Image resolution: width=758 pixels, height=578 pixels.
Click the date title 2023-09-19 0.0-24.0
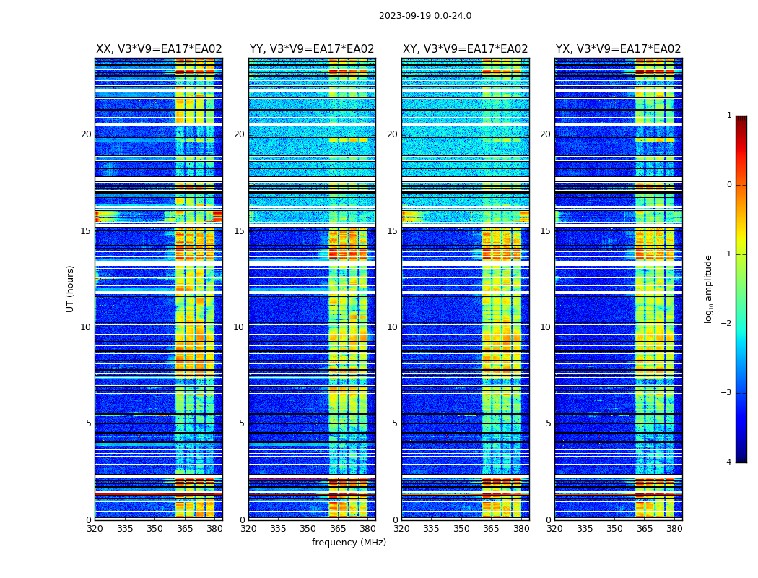pyautogui.click(x=424, y=16)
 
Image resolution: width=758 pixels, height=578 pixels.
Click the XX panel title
pyautogui.click(x=159, y=49)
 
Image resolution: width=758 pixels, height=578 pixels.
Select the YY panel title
pyautogui.click(x=312, y=49)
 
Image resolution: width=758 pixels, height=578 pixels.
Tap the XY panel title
pyautogui.click(x=465, y=49)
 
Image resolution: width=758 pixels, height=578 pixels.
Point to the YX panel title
pyautogui.click(x=618, y=49)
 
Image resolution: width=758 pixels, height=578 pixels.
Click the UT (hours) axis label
pyautogui.click(x=71, y=288)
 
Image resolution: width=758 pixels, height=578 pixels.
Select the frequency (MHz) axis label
pyautogui.click(x=349, y=543)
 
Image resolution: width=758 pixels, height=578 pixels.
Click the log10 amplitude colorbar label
pyautogui.click(x=709, y=288)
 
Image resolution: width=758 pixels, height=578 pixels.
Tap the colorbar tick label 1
pyautogui.click(x=729, y=116)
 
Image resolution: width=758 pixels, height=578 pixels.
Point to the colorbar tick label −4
pyautogui.click(x=727, y=462)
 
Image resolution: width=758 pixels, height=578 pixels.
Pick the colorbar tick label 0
pyautogui.click(x=729, y=185)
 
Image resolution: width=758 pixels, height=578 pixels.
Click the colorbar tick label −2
pyautogui.click(x=727, y=324)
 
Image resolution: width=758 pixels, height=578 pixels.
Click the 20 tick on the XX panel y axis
pyautogui.click(x=86, y=134)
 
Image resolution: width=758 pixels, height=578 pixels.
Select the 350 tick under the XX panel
pyautogui.click(x=154, y=528)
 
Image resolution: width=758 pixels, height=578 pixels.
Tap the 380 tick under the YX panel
pyautogui.click(x=674, y=528)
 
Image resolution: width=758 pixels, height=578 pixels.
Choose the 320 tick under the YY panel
pyautogui.click(x=248, y=528)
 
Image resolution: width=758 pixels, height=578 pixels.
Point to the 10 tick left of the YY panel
pyautogui.click(x=239, y=327)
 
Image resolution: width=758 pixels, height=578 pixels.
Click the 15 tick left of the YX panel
pyautogui.click(x=545, y=231)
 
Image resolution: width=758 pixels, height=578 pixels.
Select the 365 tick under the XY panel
pyautogui.click(x=491, y=528)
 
